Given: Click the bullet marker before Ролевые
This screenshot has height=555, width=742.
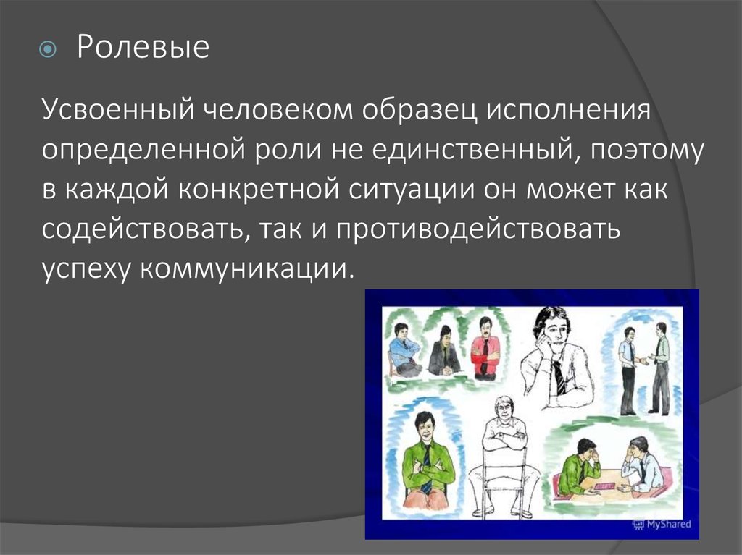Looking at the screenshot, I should tap(48, 50).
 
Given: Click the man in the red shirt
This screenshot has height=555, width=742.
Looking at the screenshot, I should tap(485, 348).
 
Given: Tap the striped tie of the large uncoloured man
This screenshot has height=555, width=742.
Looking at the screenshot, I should tap(559, 376).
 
